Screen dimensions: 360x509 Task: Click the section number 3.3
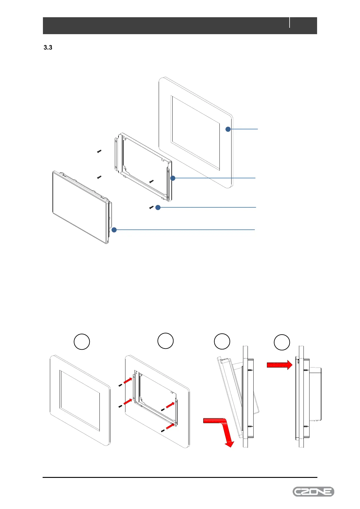pos(48,47)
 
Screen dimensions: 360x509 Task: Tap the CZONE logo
pos(313,491)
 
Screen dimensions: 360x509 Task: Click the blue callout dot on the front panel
pos(228,129)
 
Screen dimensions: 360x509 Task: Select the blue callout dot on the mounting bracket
pos(173,178)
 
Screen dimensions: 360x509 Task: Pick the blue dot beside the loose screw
pos(158,207)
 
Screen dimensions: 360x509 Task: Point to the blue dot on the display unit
pos(114,230)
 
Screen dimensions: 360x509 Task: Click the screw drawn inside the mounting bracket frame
pos(152,181)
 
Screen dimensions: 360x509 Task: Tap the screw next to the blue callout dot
pos(151,207)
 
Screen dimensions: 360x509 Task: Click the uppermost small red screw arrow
pos(128,380)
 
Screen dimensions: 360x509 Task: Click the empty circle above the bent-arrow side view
pos(222,342)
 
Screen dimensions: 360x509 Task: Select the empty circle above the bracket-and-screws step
pos(165,341)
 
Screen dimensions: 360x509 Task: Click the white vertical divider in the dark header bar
pos(290,23)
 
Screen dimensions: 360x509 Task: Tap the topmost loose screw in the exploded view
pos(99,151)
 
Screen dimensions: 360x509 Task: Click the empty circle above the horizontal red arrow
pos(282,342)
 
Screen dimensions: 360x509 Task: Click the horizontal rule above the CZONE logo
pos(180,478)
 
